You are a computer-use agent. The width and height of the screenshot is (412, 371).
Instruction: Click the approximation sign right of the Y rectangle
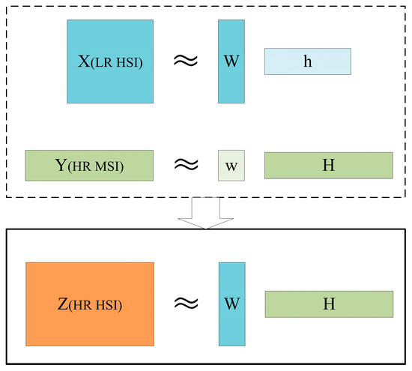point(186,163)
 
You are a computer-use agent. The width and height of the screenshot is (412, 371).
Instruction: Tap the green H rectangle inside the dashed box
point(328,164)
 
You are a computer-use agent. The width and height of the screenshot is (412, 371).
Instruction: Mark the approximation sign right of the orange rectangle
point(186,304)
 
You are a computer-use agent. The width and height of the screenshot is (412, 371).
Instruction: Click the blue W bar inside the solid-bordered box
point(231,303)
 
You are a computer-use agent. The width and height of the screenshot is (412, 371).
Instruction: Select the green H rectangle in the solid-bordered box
point(329,304)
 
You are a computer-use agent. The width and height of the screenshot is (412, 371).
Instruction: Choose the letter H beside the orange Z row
point(329,304)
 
